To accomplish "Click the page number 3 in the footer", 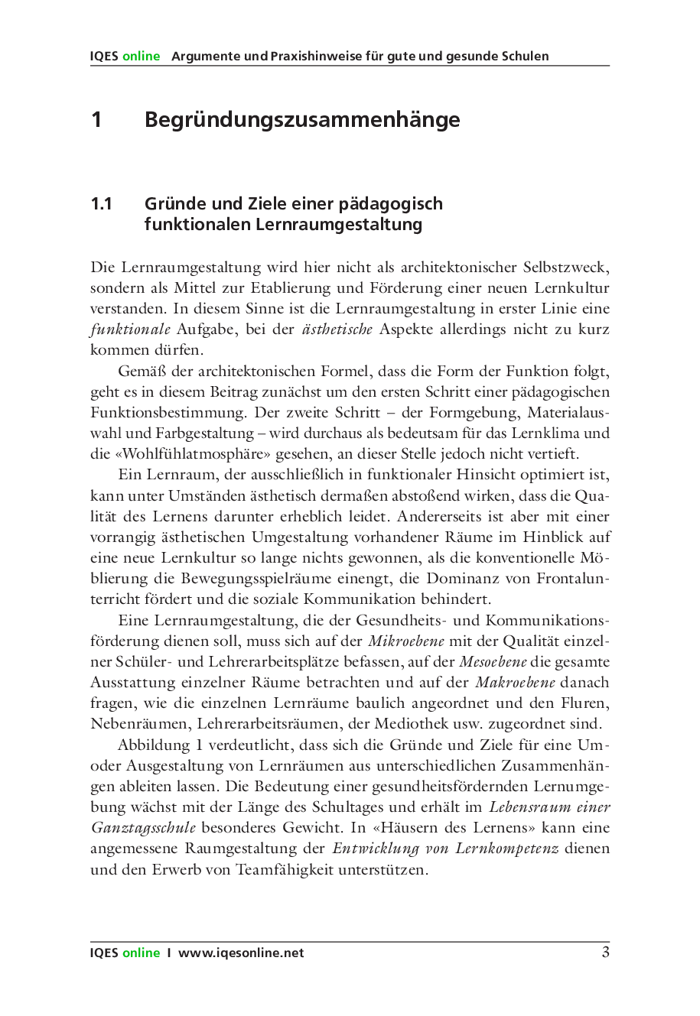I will point(605,953).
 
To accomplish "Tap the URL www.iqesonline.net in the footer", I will point(241,953).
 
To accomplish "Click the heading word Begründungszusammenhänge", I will point(302,120).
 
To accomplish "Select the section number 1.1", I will point(102,204).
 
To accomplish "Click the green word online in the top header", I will point(141,56).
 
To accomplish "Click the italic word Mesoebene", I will point(493,661).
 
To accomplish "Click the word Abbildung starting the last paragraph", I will point(154,745).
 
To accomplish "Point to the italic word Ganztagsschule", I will point(143,827).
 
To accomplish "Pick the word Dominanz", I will point(461,578).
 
